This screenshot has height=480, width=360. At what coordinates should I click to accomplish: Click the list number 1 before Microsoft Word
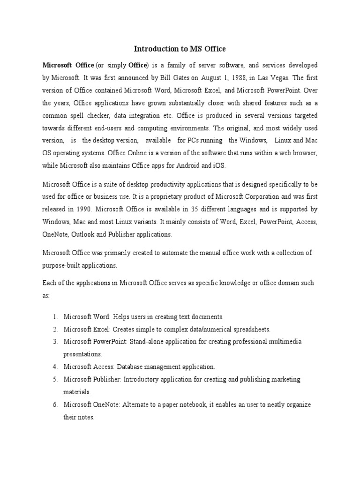54,317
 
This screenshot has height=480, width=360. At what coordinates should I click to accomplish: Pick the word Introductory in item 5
146,379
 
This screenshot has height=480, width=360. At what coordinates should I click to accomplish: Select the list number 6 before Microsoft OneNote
54,404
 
